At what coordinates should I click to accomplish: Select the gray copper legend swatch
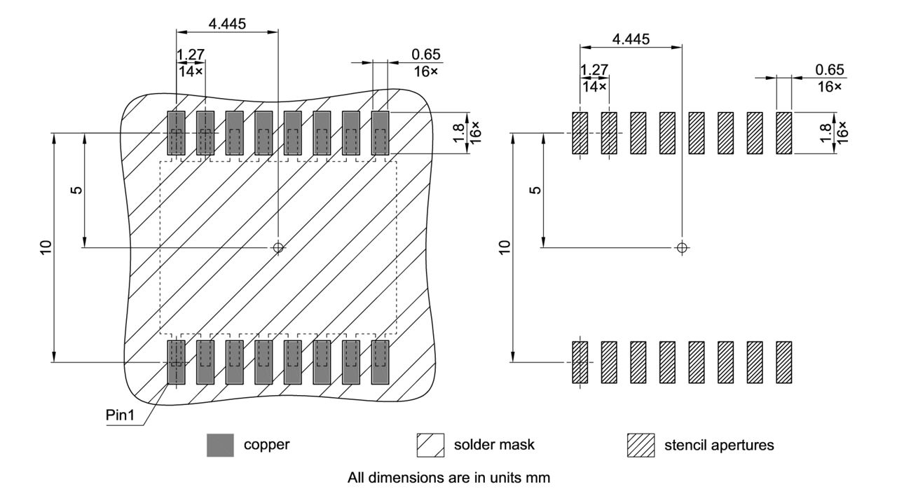221,445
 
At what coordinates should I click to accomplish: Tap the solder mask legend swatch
430,445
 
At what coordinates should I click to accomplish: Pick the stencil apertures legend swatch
641,445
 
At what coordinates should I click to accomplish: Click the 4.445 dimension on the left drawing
227,24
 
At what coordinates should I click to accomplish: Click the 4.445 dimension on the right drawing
631,39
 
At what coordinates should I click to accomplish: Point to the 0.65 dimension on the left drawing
427,55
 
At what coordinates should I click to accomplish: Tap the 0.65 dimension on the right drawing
830,69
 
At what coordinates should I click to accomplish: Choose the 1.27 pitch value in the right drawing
594,69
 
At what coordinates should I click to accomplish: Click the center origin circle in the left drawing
278,247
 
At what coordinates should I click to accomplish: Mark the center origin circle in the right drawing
682,247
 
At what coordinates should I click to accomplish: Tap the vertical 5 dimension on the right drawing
535,190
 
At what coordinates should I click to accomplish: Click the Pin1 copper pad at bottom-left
176,362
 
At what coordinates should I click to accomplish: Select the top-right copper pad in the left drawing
380,132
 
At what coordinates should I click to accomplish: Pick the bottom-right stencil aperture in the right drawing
783,362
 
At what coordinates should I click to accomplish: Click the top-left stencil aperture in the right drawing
580,133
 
